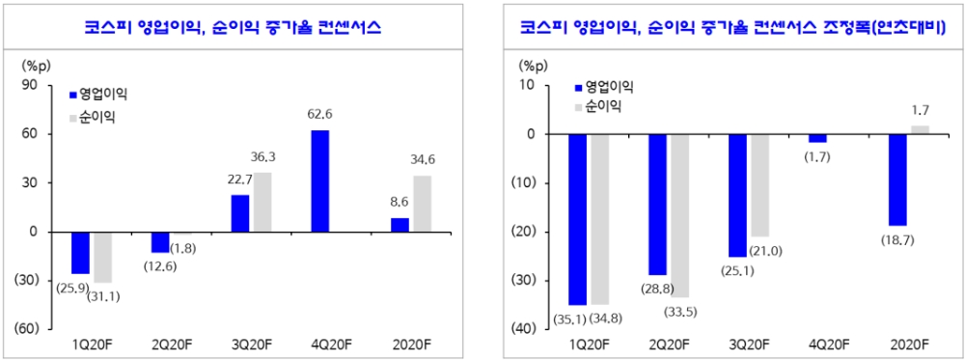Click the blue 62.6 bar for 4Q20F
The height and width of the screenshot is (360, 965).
320,180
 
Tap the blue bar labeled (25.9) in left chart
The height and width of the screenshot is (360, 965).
80,253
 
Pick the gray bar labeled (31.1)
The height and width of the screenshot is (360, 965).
102,257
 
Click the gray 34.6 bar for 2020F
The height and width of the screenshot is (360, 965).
423,204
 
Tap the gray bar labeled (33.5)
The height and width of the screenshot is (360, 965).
679,215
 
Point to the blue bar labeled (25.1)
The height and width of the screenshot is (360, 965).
737,195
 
